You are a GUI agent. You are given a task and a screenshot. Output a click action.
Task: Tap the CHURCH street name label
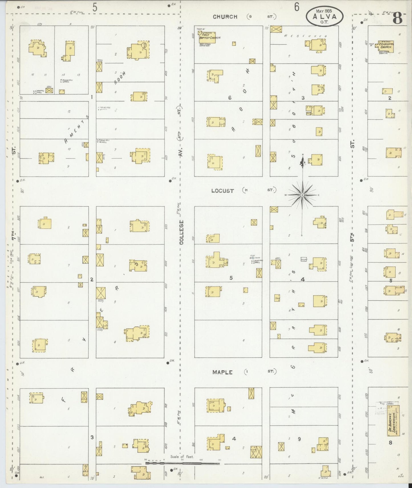[225, 17]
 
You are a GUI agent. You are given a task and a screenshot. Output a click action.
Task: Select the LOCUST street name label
[222, 191]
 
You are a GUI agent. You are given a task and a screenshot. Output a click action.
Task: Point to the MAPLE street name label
[222, 372]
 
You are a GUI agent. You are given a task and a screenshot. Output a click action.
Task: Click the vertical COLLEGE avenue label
[182, 232]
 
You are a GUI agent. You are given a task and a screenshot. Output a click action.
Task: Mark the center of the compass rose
[302, 195]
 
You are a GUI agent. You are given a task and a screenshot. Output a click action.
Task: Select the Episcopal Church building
[386, 46]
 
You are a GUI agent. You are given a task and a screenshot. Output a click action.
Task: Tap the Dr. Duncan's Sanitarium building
[393, 421]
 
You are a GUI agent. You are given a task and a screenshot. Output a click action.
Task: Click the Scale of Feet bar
[182, 463]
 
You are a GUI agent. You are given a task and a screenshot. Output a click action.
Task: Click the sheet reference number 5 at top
[95, 8]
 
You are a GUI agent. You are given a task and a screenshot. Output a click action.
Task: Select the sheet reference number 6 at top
[297, 7]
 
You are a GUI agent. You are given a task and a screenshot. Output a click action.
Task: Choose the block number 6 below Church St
[230, 98]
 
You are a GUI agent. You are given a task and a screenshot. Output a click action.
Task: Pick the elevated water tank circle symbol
[253, 258]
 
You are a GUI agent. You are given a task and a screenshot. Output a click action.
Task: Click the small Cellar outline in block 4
[304, 259]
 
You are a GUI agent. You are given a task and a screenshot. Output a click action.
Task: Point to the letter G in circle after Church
[250, 17]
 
